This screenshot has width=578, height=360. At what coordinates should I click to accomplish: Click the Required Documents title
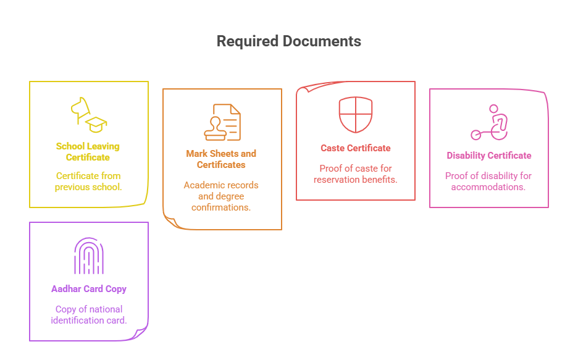point(288,41)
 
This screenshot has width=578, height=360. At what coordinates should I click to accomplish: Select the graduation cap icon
point(96,123)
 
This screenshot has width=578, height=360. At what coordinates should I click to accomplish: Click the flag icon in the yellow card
point(80,107)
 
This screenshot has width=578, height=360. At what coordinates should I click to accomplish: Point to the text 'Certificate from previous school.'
point(88,182)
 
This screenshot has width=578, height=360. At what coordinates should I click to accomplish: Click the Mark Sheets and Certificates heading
point(221,159)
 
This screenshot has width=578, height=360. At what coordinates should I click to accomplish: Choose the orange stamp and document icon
point(222,122)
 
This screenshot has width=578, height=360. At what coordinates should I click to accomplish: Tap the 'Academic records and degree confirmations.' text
point(221,196)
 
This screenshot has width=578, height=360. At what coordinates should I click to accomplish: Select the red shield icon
point(356,115)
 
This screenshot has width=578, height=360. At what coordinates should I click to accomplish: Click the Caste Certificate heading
point(356,148)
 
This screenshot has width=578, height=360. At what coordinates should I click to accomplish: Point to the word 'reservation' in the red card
point(337,180)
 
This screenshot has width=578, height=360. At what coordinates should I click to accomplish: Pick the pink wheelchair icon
point(489,123)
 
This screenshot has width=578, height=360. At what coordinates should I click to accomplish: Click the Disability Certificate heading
point(489,156)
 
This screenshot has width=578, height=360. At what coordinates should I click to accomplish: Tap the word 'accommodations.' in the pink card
point(488,186)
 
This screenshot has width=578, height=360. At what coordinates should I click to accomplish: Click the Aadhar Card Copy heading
point(89,289)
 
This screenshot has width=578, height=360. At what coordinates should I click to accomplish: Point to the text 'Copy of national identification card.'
point(89,314)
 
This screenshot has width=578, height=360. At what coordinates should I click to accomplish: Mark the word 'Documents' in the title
point(322,41)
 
